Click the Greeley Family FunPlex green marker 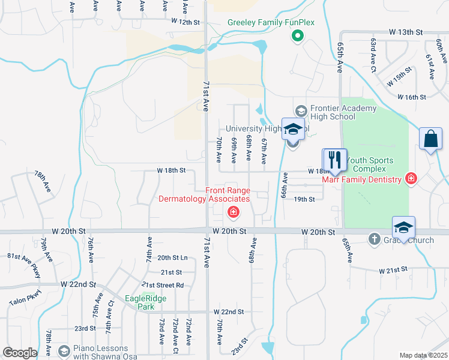(297, 37)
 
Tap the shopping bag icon (430, 139)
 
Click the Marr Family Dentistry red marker (411, 179)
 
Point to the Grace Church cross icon (374, 239)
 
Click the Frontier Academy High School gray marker (301, 112)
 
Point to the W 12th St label (185, 22)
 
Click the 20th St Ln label (172, 257)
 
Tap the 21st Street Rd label (163, 285)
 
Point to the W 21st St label (393, 271)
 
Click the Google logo (20, 352)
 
